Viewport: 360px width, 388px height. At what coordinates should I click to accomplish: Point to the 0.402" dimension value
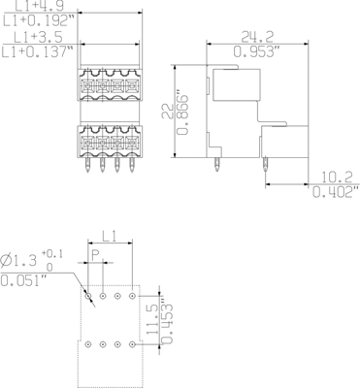[335, 193]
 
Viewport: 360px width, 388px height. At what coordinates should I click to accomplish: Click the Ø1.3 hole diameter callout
[22, 261]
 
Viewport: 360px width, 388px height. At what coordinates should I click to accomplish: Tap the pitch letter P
[95, 255]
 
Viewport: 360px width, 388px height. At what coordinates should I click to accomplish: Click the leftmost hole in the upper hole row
[87, 294]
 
